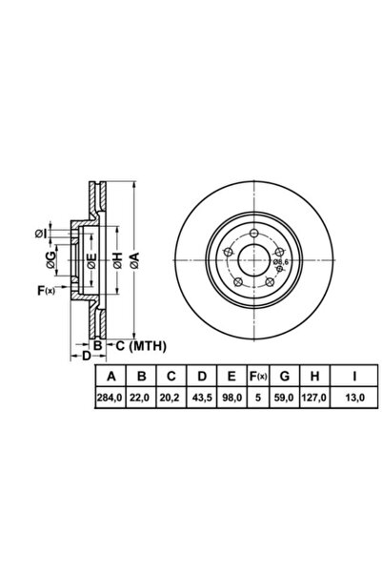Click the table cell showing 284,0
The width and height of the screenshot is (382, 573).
[110, 398]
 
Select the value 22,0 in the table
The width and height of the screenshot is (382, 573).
[140, 398]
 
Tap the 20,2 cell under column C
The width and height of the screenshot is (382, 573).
[170, 398]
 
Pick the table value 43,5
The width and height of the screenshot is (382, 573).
[202, 398]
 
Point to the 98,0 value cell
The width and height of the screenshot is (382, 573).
[232, 398]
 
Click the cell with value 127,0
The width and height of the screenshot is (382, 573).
[314, 398]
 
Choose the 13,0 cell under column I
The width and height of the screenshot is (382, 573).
[355, 398]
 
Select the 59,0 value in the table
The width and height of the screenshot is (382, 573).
[284, 398]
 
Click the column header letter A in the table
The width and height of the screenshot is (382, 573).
[111, 376]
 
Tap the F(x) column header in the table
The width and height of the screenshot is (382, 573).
[258, 376]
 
